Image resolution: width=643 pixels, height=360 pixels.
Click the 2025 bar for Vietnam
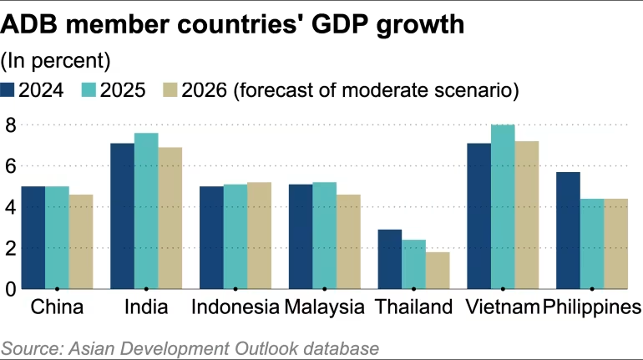(502, 207)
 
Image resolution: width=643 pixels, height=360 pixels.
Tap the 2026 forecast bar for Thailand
(437, 270)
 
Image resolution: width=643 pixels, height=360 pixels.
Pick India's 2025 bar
(146, 210)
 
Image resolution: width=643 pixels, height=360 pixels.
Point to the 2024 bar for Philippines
(568, 231)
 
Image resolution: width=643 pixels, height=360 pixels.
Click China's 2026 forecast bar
(81, 241)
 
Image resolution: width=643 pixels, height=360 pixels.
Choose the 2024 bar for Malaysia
(301, 236)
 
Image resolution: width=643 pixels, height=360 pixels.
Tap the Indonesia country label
(235, 307)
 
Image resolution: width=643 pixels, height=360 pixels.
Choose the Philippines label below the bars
(591, 307)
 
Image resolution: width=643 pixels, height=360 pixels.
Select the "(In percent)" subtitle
(56, 60)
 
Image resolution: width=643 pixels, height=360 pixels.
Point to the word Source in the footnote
(30, 347)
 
